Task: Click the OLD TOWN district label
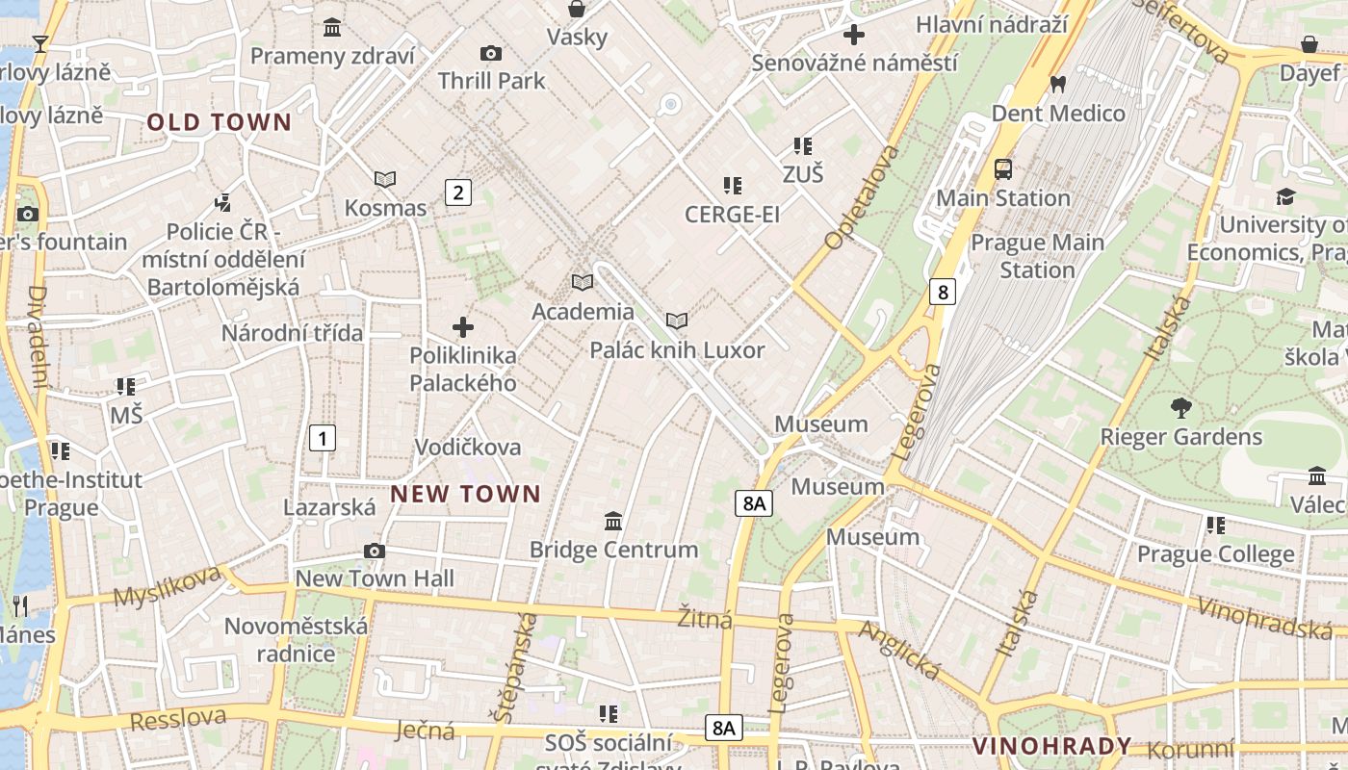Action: [219, 122]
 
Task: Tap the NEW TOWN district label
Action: [465, 495]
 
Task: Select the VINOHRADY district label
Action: [1051, 746]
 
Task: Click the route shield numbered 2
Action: [458, 192]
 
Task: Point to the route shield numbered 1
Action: [323, 438]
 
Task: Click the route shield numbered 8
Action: [942, 292]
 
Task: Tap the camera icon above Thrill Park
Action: [491, 54]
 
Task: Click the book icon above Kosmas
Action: [385, 179]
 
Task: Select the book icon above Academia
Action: [583, 282]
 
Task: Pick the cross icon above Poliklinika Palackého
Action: [463, 327]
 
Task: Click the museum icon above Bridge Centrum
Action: [613, 522]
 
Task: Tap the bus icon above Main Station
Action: [1003, 169]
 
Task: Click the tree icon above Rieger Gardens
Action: [1180, 408]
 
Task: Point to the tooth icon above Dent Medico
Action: [1058, 85]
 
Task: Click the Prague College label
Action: [1215, 554]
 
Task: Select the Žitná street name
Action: [704, 618]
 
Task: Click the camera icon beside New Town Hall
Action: [375, 551]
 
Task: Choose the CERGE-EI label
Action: [732, 215]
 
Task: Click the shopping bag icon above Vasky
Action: [577, 10]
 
